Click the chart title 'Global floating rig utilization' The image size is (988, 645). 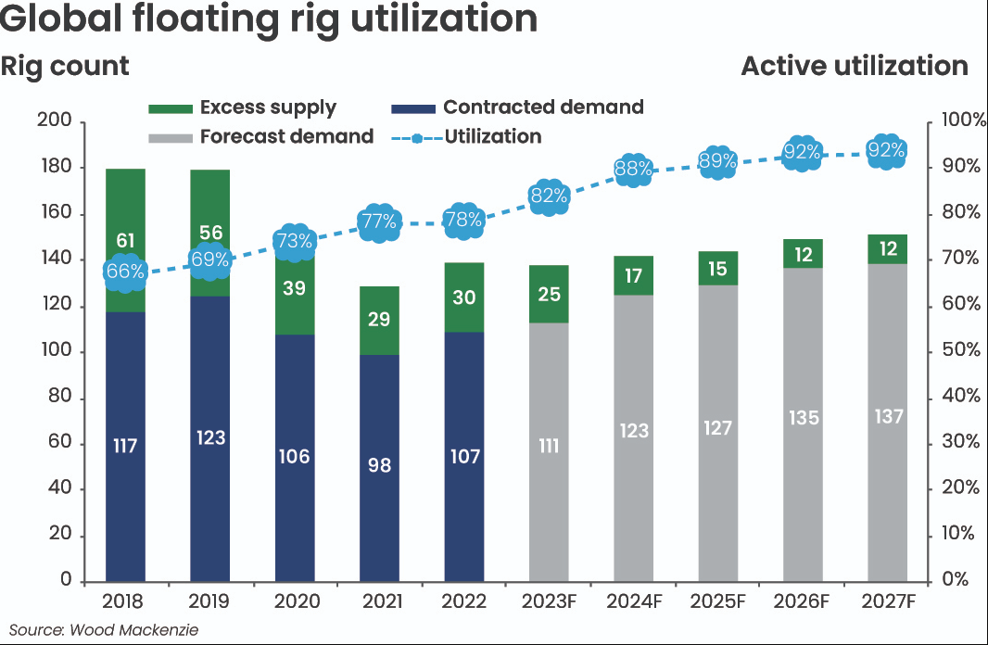tap(269, 20)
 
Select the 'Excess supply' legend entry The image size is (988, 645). tap(242, 107)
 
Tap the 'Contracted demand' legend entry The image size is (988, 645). tap(517, 107)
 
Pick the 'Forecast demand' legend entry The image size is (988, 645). tap(260, 136)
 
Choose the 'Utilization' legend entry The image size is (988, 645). tap(469, 136)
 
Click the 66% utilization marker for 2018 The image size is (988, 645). tap(125, 272)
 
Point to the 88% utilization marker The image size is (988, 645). tap(633, 170)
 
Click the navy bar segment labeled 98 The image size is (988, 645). tap(380, 464)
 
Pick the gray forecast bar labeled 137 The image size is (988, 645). tap(887, 417)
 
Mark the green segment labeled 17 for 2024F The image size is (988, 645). tap(633, 275)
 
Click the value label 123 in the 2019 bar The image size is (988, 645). tap(210, 436)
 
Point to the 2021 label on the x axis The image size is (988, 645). tap(380, 601)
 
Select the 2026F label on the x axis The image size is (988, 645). tap(803, 601)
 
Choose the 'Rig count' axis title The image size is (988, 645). tap(65, 67)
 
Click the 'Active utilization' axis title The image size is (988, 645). tap(854, 67)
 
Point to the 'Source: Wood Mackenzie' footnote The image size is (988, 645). tap(104, 630)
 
